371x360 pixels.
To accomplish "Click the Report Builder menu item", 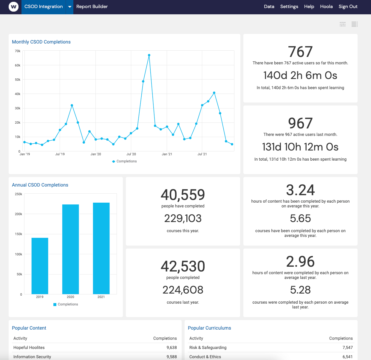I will (92, 7).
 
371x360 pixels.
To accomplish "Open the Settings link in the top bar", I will (289, 7).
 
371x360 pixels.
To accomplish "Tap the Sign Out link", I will (348, 7).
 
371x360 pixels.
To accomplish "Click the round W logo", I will (14, 7).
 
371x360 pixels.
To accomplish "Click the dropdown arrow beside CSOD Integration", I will (69, 7).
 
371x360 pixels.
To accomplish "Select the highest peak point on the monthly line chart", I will (149, 55).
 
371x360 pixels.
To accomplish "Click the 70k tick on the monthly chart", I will (18, 51).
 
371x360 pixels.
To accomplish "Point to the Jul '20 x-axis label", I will (131, 154).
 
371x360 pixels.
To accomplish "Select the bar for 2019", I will (40, 266).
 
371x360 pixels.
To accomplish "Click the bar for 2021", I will (101, 248).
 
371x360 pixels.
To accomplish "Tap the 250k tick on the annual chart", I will (18, 194).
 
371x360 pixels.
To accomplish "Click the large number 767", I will (300, 52).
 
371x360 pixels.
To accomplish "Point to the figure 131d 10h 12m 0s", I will (300, 147).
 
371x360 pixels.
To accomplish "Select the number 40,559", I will (183, 195).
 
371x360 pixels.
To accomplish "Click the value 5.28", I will (300, 290).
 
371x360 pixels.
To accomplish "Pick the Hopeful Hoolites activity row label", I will (29, 347).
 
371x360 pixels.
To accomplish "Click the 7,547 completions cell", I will (347, 347).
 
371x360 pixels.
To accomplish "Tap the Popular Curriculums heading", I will (209, 328).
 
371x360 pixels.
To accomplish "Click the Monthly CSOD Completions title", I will (41, 42).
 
